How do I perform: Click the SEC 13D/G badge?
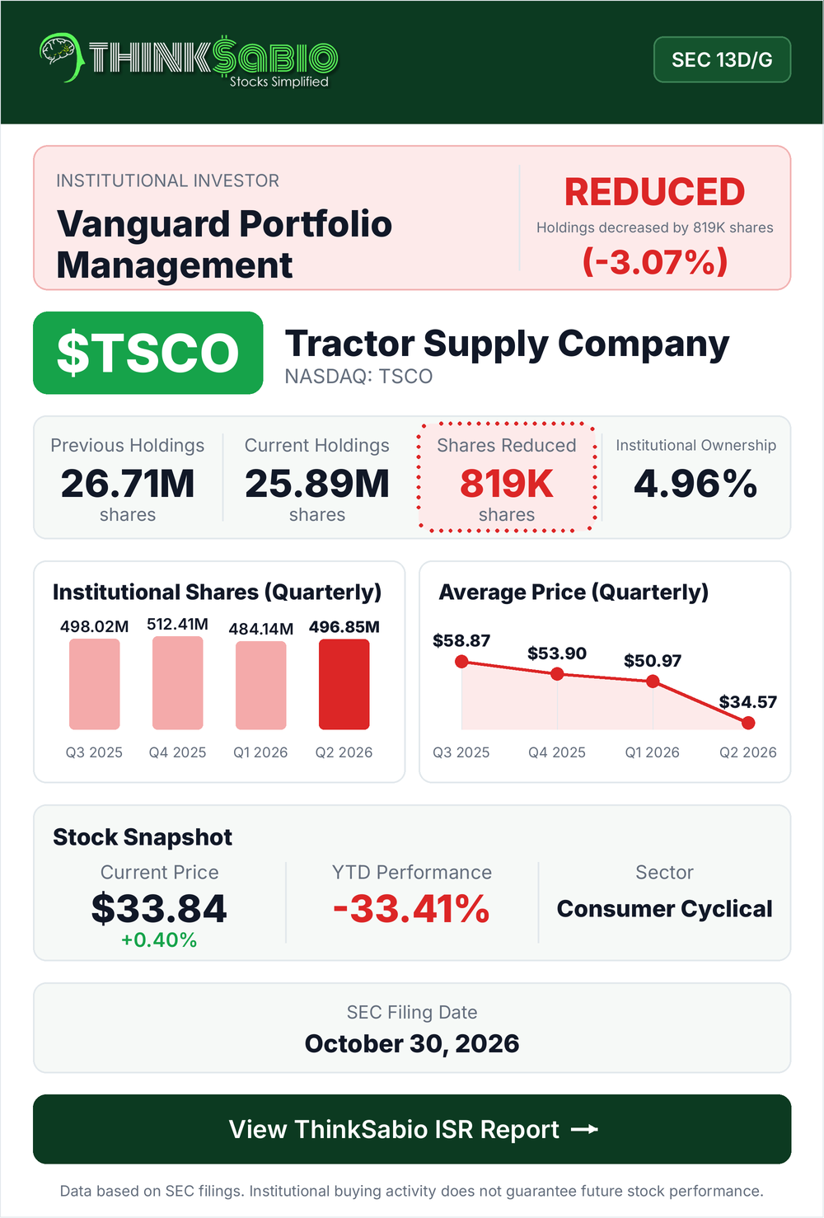(722, 60)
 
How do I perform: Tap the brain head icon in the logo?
(62, 57)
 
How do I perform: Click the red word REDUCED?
(654, 192)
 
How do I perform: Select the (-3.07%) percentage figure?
(654, 261)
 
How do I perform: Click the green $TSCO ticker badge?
(147, 353)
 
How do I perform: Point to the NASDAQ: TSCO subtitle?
(358, 377)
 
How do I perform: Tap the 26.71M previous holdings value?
(128, 484)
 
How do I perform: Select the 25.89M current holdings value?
(317, 484)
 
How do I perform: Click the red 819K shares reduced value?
(507, 484)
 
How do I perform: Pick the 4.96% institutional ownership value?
(695, 484)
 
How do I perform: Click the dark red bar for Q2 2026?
(344, 684)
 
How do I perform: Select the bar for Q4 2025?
(178, 683)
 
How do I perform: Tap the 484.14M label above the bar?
(261, 629)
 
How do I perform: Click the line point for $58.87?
(461, 662)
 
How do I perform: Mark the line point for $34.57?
(748, 723)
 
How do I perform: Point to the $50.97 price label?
(653, 661)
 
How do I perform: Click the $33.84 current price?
(159, 909)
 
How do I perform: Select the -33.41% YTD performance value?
(411, 909)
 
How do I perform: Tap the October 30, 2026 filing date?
(412, 1044)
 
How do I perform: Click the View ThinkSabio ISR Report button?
(412, 1129)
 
